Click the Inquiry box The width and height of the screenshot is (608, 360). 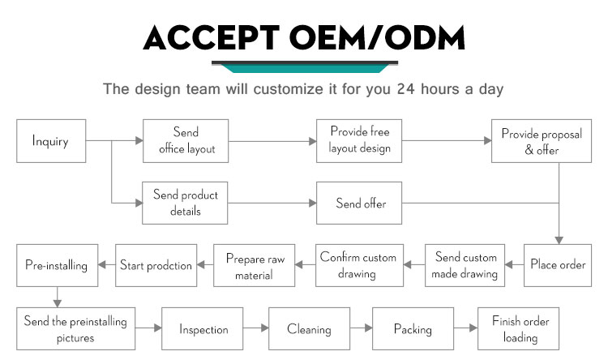51,141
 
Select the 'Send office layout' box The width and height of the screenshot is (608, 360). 186,141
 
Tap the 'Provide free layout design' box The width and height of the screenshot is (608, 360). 359,141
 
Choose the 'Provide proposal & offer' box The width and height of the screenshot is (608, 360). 542,141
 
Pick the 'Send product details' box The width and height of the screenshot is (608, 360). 185,203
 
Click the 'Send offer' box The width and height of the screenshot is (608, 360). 359,203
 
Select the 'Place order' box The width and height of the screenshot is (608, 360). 558,265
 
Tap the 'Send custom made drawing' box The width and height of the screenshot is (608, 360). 465,265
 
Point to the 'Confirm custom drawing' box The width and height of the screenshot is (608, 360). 359,265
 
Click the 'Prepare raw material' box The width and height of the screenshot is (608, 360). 255,265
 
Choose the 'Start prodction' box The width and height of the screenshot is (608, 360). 156,265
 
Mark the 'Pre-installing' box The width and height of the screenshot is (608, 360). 57,265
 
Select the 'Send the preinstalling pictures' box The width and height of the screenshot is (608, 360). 75,329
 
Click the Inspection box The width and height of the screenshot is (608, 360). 203,329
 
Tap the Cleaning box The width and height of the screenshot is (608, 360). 310,329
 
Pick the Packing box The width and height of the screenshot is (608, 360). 413,329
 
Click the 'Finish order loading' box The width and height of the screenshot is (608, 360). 519,329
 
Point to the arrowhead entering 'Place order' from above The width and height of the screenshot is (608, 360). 559,241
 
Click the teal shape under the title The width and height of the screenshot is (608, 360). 305,69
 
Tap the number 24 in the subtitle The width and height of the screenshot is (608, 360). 405,89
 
